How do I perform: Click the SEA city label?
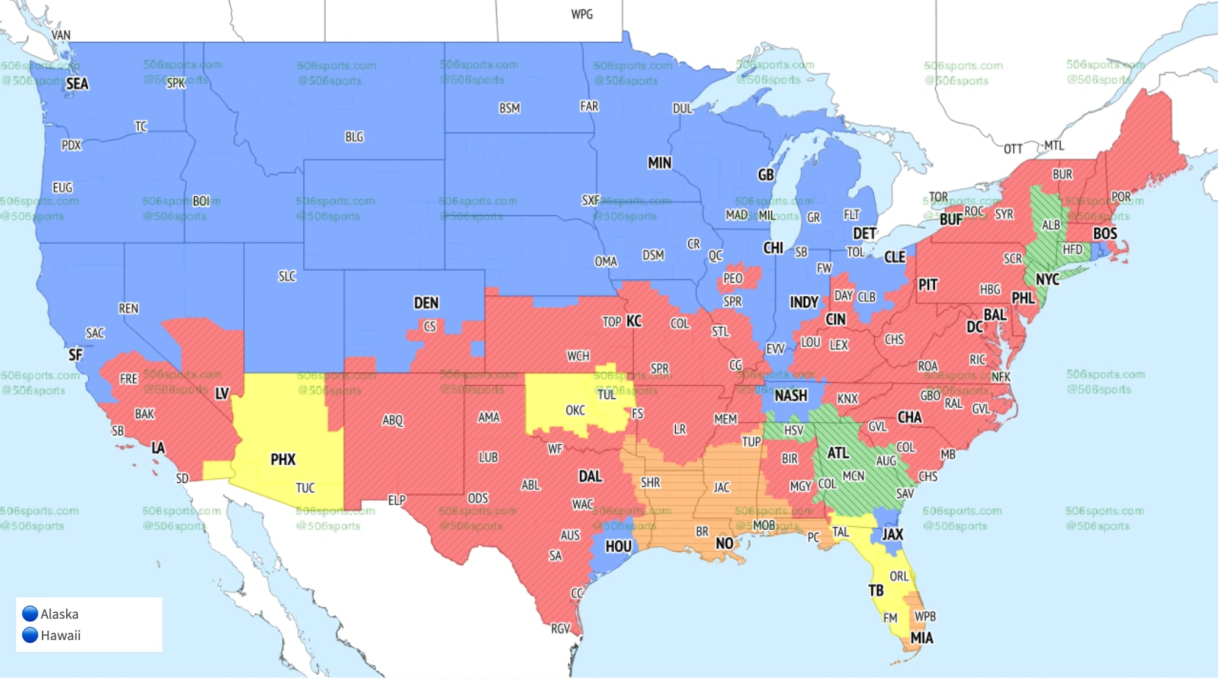click(77, 84)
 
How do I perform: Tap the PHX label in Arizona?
click(283, 460)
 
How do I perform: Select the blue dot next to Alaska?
click(30, 614)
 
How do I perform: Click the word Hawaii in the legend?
click(60, 636)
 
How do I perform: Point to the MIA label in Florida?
click(922, 639)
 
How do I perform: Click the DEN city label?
click(426, 303)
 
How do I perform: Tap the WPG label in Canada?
click(582, 15)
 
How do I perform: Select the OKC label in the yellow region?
click(575, 411)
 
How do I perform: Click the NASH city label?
click(790, 396)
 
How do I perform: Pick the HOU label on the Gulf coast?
click(618, 547)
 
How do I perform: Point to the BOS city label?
click(1105, 234)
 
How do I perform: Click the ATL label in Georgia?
click(838, 453)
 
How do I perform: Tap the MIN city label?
click(659, 163)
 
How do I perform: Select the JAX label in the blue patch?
click(893, 535)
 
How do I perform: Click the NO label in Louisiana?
click(724, 544)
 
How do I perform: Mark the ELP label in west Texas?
click(397, 500)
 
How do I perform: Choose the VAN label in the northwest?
click(61, 35)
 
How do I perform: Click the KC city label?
click(634, 321)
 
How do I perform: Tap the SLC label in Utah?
click(287, 276)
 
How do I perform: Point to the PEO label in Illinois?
click(733, 279)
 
